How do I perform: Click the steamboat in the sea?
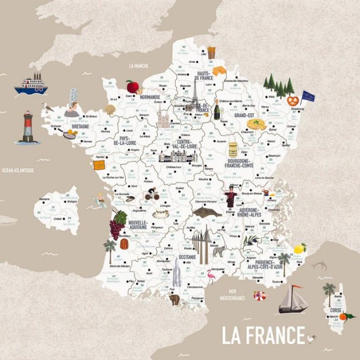pyautogui.click(x=31, y=84)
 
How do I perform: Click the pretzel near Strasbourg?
pyautogui.click(x=292, y=101)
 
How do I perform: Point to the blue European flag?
pyautogui.click(x=308, y=95)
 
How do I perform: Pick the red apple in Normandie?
pyautogui.click(x=132, y=86)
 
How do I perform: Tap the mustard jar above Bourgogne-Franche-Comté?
pyautogui.click(x=233, y=149)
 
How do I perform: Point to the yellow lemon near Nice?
pyautogui.click(x=300, y=249)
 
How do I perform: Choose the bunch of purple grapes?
pyautogui.click(x=117, y=228)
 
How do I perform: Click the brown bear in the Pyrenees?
pyautogui.click(x=175, y=300)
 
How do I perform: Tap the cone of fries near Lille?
pyautogui.click(x=211, y=52)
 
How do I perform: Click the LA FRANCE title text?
pyautogui.click(x=263, y=335)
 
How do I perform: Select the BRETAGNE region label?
pyautogui.click(x=80, y=126)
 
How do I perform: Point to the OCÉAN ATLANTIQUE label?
pyautogui.click(x=18, y=171)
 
